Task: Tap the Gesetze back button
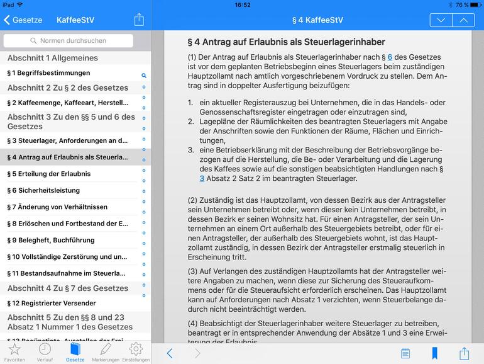(23, 20)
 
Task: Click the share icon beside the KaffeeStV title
(139, 20)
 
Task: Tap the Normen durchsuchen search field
(69, 41)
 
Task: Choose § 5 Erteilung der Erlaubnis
(49, 174)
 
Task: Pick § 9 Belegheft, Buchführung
(51, 240)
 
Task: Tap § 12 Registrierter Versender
(52, 303)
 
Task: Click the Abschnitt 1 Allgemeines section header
(53, 59)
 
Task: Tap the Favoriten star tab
(14, 351)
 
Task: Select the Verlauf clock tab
(45, 351)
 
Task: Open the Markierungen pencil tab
(105, 351)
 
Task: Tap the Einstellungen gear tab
(136, 351)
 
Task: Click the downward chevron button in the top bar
(441, 20)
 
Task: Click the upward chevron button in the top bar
(463, 20)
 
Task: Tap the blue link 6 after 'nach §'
(390, 57)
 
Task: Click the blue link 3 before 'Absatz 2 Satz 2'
(202, 179)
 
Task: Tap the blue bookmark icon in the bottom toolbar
(434, 353)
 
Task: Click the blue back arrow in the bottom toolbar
(169, 353)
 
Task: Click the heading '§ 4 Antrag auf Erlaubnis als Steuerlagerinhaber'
(287, 42)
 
